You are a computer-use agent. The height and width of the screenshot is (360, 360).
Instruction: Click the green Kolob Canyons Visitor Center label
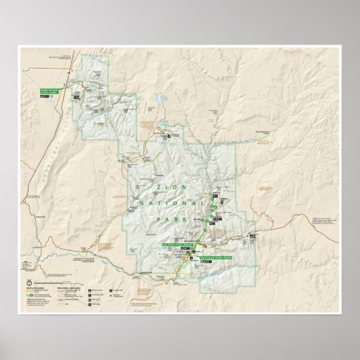pyautogui.click(x=50, y=90)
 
